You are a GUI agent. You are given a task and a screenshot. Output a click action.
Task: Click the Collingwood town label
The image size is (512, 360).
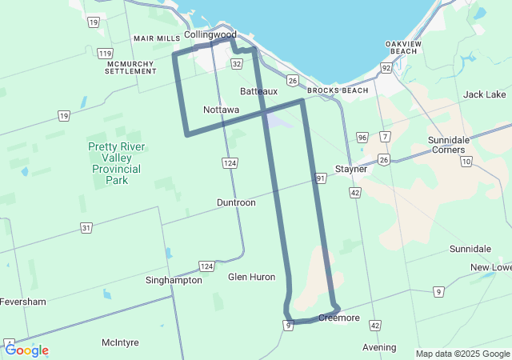(x=210, y=34)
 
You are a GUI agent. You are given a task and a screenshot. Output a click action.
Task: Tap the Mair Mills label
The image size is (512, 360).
(x=157, y=38)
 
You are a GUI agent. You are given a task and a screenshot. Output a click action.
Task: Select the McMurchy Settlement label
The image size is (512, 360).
(x=131, y=67)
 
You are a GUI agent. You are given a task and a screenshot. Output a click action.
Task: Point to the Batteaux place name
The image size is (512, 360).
(x=258, y=91)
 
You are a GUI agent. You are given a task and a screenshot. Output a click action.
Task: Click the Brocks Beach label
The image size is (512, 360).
(x=338, y=90)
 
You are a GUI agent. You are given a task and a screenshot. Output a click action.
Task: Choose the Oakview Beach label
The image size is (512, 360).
(x=402, y=47)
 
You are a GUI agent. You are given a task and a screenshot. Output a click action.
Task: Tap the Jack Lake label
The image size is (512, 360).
(x=484, y=94)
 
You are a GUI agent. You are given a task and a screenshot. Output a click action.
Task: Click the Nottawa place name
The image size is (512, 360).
(x=221, y=109)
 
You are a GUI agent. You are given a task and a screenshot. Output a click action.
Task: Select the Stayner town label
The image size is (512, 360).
(x=350, y=170)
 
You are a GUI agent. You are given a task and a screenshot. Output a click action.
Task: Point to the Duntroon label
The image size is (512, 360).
(x=236, y=202)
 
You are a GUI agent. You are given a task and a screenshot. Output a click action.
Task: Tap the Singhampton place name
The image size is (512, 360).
(x=174, y=280)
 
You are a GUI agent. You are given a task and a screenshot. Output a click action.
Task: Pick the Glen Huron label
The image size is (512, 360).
(x=251, y=277)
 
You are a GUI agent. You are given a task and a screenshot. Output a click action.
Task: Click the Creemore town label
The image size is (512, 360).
(x=339, y=318)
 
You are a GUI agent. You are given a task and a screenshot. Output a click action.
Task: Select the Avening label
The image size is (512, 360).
(x=379, y=347)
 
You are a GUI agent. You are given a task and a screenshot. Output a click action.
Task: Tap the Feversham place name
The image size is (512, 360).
(x=23, y=302)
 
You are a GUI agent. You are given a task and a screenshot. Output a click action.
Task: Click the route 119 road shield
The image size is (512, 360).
(x=105, y=54)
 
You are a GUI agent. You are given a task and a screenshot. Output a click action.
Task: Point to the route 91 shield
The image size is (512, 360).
(x=321, y=178)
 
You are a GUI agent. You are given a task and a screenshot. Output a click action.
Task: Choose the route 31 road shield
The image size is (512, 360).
(x=86, y=228)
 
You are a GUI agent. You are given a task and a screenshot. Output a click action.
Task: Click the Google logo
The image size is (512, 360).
(x=26, y=350)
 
